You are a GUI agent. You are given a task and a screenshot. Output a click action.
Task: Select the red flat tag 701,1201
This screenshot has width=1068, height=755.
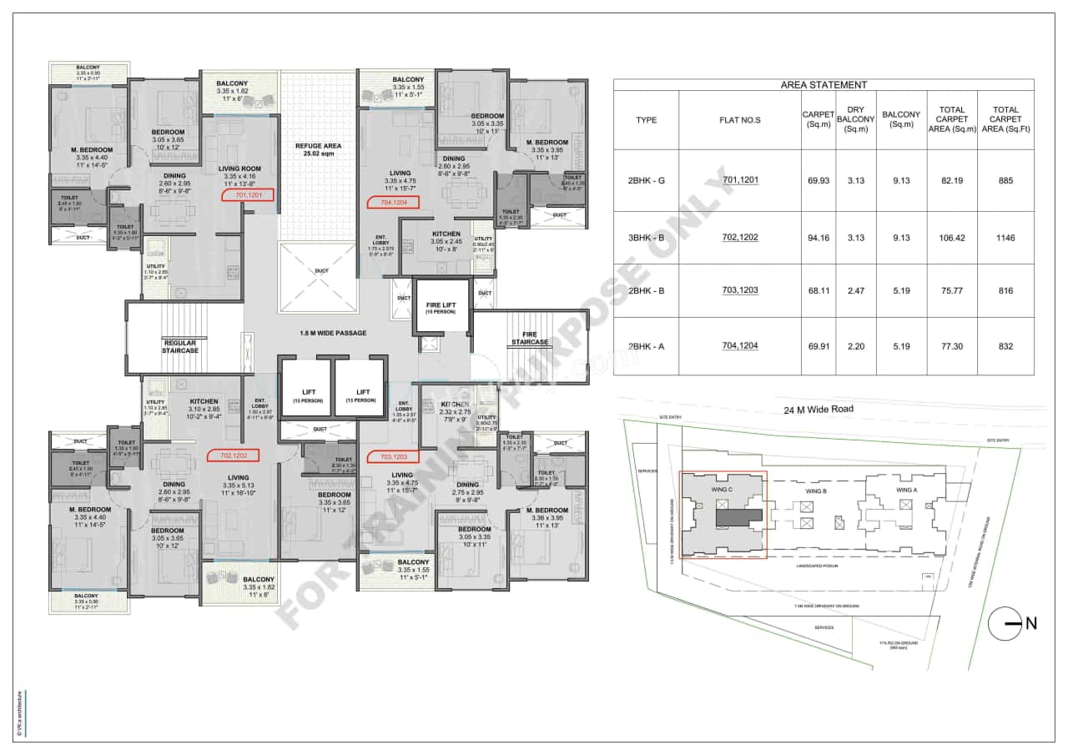pos(248,195)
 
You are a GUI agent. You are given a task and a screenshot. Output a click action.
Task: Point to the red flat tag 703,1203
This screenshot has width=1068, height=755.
pos(393,456)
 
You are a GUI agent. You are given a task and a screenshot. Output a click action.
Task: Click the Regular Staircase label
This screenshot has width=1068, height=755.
pos(180,346)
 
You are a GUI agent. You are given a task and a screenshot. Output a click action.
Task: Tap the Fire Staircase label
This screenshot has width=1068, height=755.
pos(530,338)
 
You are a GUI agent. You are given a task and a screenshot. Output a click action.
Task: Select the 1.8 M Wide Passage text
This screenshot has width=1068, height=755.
pos(333,333)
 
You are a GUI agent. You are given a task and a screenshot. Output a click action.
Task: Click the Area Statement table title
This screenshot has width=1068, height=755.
pos(823,84)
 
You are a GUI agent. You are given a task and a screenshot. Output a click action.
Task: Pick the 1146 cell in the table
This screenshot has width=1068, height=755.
pos(1005,238)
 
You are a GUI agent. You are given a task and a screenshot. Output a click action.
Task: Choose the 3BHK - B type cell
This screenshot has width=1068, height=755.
pos(646,238)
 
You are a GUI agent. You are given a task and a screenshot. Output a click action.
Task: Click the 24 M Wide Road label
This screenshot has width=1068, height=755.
pos(818,410)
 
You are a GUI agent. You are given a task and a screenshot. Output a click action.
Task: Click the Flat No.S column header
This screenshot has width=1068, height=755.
pos(740,120)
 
